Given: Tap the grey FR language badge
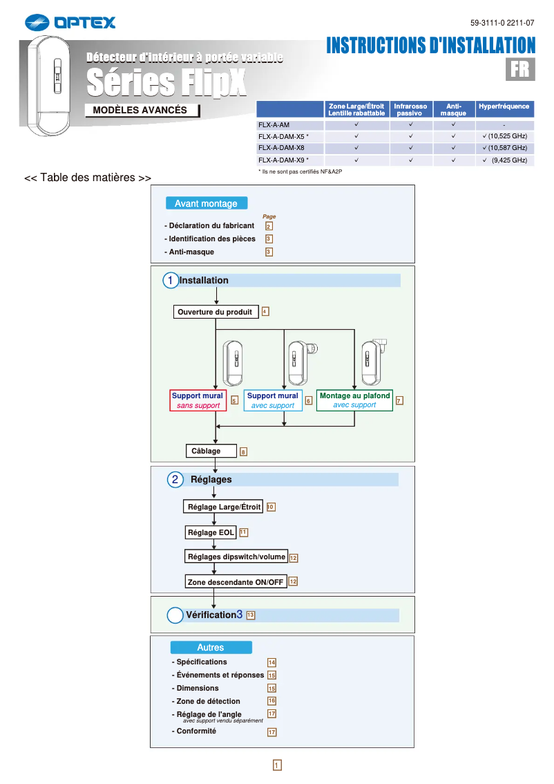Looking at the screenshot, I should [520, 69].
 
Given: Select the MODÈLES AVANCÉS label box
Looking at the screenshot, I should [141, 111].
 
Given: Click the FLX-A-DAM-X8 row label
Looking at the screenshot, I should [280, 148].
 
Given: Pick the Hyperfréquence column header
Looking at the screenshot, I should [504, 106].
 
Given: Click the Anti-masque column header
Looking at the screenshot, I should [453, 109].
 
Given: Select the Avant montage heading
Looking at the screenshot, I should [206, 203].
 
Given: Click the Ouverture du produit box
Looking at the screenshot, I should [216, 312].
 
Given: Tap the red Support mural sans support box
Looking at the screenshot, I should [198, 400].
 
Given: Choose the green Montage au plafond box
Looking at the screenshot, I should [354, 400].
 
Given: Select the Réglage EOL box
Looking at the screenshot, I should [211, 532].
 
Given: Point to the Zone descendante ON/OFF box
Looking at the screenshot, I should [236, 582].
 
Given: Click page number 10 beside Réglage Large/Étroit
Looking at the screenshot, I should [271, 507].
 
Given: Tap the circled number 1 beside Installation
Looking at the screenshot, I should [170, 280].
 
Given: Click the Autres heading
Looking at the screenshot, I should [211, 648].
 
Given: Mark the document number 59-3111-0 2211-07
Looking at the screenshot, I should [502, 23].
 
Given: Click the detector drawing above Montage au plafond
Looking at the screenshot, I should [374, 360].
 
